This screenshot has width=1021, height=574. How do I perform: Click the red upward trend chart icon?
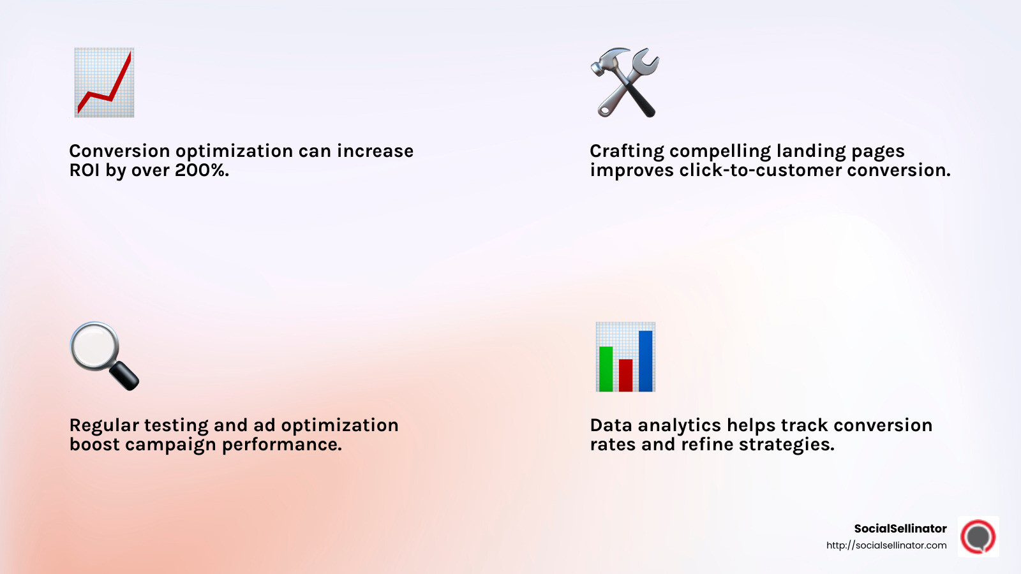(104, 82)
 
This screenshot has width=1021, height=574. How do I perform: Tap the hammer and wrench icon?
(625, 82)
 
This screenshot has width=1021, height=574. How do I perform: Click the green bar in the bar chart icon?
(606, 369)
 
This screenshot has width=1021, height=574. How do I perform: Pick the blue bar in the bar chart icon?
(646, 360)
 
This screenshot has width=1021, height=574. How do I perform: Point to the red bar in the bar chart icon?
(625, 375)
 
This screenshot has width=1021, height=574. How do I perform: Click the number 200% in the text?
(201, 170)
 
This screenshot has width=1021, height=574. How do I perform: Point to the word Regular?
(103, 425)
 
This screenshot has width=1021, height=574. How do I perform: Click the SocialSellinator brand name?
(900, 528)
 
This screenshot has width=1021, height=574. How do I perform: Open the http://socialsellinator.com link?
(886, 545)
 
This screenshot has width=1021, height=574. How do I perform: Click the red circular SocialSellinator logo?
(978, 536)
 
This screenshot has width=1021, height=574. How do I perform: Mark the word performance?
(281, 445)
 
